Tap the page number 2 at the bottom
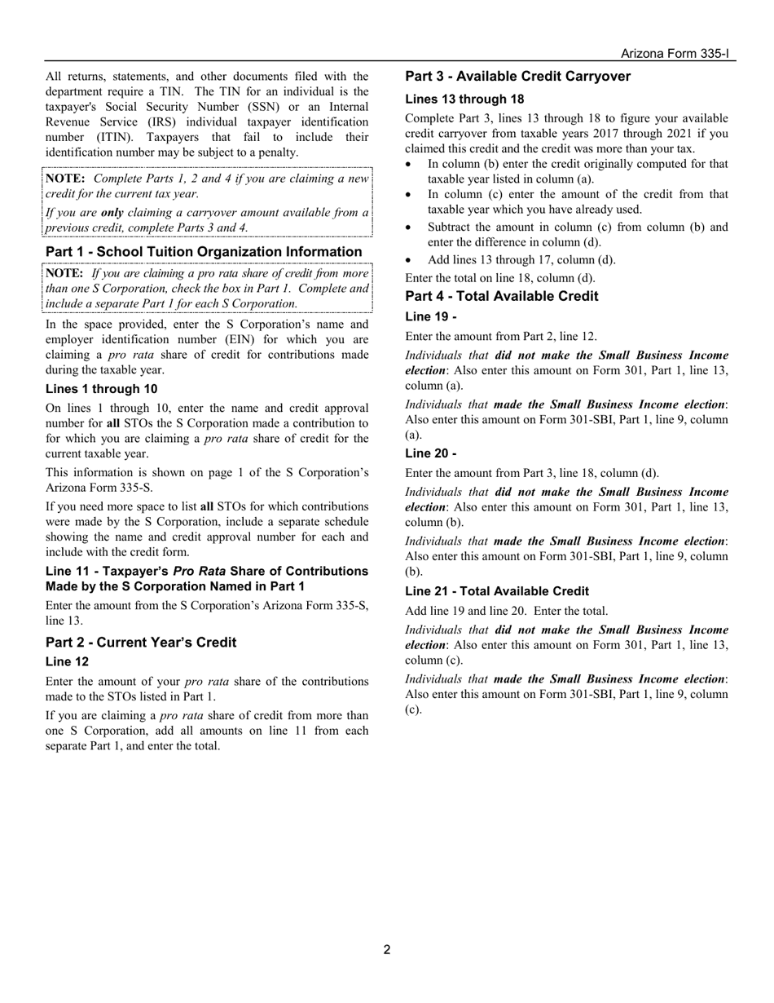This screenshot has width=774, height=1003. point(387,949)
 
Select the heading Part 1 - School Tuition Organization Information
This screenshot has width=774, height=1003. point(204,252)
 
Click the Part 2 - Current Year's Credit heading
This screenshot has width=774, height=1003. point(141,643)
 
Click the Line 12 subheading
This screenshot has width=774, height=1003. point(67,661)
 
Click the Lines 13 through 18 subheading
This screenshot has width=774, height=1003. point(464,99)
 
